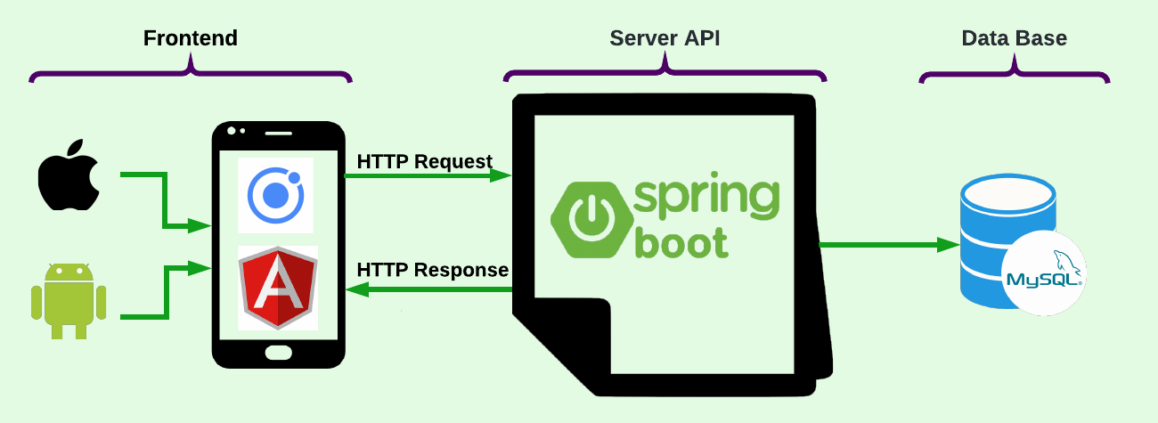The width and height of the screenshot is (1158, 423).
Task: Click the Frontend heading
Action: click(191, 38)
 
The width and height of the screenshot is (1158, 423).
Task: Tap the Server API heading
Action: click(665, 38)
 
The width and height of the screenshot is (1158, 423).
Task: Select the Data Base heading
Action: click(1015, 38)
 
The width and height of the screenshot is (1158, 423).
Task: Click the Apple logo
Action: click(69, 175)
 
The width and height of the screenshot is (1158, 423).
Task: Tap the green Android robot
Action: click(69, 301)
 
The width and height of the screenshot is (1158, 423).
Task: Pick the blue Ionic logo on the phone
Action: click(275, 195)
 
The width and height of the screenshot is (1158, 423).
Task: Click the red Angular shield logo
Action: click(278, 288)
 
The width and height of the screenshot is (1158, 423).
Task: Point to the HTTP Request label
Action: click(424, 162)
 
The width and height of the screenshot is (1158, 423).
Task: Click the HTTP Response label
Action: click(433, 270)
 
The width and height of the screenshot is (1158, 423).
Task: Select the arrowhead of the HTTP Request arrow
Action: click(501, 175)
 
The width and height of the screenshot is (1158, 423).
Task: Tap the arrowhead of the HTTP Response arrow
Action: click(357, 289)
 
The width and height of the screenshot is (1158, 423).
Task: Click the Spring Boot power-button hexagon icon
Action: click(592, 219)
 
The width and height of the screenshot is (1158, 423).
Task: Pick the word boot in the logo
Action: click(681, 242)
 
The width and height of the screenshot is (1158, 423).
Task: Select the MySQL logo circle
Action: click(1044, 273)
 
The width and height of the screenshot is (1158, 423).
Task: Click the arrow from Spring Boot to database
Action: click(889, 245)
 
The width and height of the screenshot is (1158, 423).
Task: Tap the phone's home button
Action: click(279, 353)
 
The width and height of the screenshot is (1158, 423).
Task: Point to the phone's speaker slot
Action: click(279, 134)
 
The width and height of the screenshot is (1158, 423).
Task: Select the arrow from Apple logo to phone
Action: click(165, 200)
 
